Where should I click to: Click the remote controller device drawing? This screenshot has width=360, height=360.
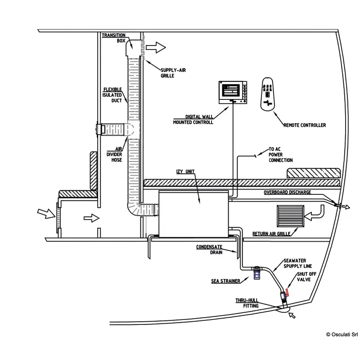[x=269, y=93]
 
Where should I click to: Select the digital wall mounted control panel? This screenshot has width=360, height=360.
[x=234, y=92]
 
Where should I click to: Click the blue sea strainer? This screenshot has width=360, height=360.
[x=256, y=272]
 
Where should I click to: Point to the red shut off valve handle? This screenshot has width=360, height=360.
[x=287, y=293]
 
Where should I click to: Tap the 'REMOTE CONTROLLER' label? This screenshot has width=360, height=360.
[x=305, y=125]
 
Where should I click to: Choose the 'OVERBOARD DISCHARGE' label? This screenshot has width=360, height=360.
[x=287, y=193]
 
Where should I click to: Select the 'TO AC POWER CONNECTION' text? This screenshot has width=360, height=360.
[x=280, y=155]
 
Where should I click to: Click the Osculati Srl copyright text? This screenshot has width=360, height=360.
[x=342, y=334]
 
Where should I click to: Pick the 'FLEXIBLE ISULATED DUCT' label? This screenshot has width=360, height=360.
[x=112, y=94]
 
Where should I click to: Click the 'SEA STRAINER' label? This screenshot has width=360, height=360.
[x=225, y=281]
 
